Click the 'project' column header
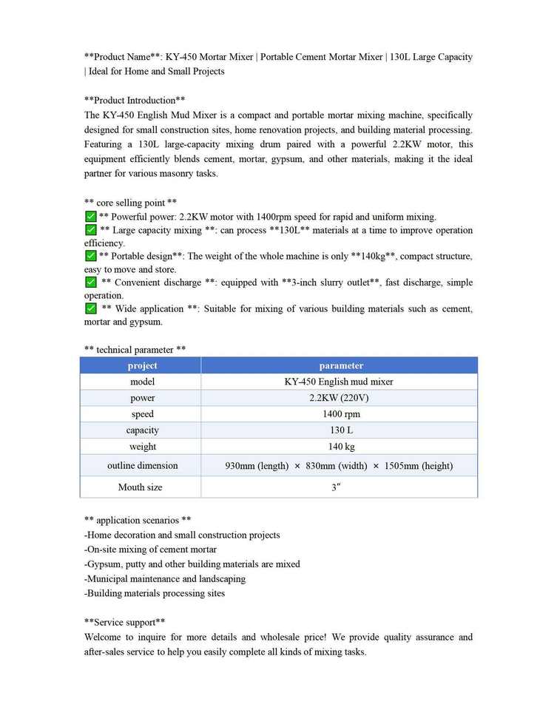pyautogui.click(x=142, y=365)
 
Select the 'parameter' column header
pyautogui.click(x=340, y=365)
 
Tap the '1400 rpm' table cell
pyautogui.click(x=339, y=414)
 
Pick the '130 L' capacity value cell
pyautogui.click(x=339, y=430)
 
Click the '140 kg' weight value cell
pyautogui.click(x=339, y=447)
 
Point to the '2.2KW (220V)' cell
pyautogui.click(x=339, y=398)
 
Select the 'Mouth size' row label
pyautogui.click(x=140, y=487)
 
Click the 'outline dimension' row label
pyautogui.click(x=142, y=466)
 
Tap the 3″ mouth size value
pyautogui.click(x=336, y=487)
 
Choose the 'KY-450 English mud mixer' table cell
pyautogui.click(x=339, y=382)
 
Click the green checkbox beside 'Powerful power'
pyautogui.click(x=91, y=217)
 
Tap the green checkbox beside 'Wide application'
pyautogui.click(x=91, y=308)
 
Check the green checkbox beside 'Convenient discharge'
pyautogui.click(x=91, y=283)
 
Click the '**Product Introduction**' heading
pyautogui.click(x=135, y=100)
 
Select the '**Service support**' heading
pyautogui.click(x=124, y=622)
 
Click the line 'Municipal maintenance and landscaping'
pyautogui.click(x=165, y=578)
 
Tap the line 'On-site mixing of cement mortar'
pyautogui.click(x=151, y=550)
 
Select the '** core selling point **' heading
pyautogui.click(x=130, y=202)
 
